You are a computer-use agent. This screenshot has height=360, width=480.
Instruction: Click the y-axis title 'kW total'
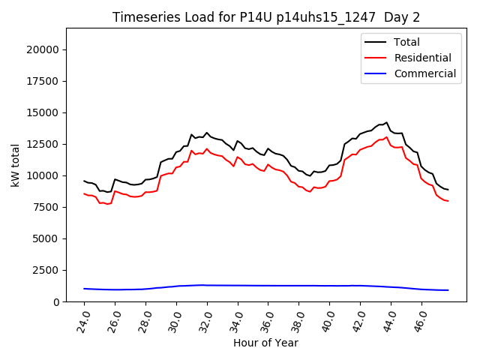(x=16, y=165)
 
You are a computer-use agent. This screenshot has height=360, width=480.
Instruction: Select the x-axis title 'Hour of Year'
(x=265, y=343)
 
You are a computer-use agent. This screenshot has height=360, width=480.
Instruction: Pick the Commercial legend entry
(x=424, y=73)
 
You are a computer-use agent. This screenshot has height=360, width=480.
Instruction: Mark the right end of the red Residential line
(x=448, y=201)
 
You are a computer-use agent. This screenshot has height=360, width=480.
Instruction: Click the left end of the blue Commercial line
(x=84, y=289)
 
